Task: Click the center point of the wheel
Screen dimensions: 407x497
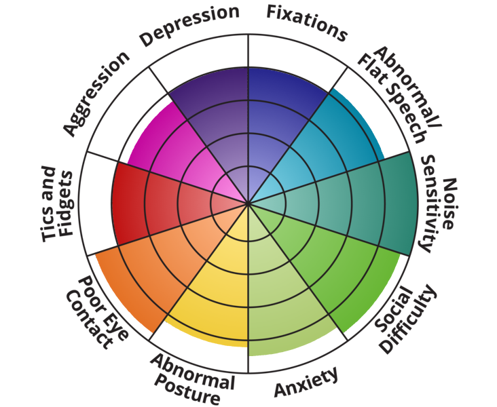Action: (248, 203)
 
